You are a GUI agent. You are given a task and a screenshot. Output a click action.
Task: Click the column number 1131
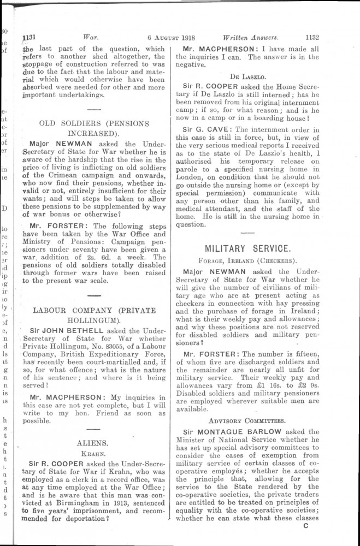(28, 38)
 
